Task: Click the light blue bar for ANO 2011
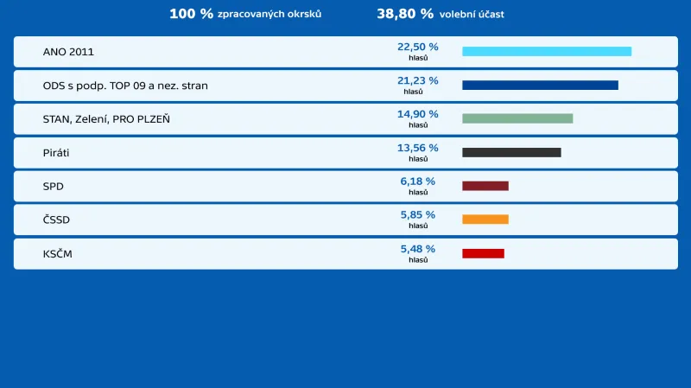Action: [x=547, y=52]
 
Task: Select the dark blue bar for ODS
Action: [x=540, y=86]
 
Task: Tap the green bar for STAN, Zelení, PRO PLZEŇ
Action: [x=517, y=118]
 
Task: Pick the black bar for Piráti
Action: [x=511, y=152]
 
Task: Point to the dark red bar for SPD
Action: [x=485, y=186]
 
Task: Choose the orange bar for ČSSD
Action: [x=485, y=219]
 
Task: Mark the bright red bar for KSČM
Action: [x=483, y=253]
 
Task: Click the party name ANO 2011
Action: [x=68, y=53]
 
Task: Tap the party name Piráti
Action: [x=56, y=153]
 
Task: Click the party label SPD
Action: [x=54, y=187]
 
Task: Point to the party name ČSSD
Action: [x=56, y=219]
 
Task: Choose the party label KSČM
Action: [x=57, y=253]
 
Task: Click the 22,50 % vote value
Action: [x=417, y=48]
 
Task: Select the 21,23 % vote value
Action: [x=417, y=81]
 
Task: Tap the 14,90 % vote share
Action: [x=417, y=114]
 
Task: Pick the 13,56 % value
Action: [x=417, y=148]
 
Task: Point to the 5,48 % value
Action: [x=417, y=249]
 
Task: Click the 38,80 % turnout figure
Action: [x=405, y=14]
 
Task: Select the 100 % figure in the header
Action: [x=191, y=14]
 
